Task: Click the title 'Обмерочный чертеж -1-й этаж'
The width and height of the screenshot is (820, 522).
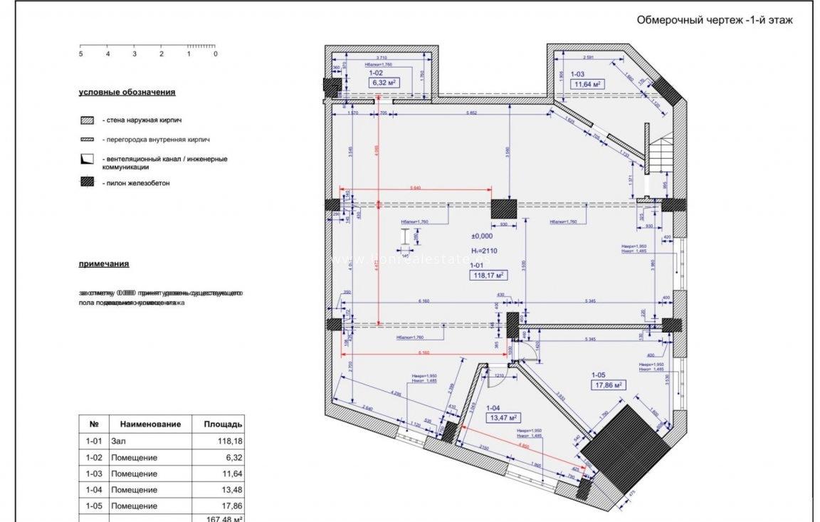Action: pyautogui.click(x=714, y=21)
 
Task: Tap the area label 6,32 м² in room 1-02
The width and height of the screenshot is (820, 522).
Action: pyautogui.click(x=383, y=83)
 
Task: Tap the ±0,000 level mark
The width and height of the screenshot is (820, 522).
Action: pyautogui.click(x=482, y=236)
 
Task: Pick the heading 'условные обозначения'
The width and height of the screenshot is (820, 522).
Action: pyautogui.click(x=127, y=93)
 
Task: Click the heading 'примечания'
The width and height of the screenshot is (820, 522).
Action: pyautogui.click(x=104, y=263)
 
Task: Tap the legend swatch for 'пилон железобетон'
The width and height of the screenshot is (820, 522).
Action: pyautogui.click(x=88, y=183)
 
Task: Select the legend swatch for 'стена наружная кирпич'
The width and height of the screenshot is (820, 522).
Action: pyautogui.click(x=88, y=121)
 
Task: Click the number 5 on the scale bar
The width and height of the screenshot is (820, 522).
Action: pyautogui.click(x=81, y=54)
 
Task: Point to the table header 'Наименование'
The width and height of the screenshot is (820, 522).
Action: pyautogui.click(x=150, y=424)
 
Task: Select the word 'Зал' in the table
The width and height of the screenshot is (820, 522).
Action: pyautogui.click(x=118, y=442)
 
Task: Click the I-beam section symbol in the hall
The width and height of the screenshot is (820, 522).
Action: pyautogui.click(x=405, y=238)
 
